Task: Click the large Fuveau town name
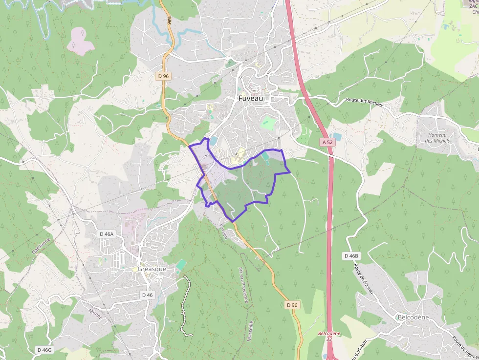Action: [251, 98]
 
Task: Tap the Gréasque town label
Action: [152, 269]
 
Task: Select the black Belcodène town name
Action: [413, 317]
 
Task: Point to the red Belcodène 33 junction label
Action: [329, 336]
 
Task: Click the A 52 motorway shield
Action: [327, 142]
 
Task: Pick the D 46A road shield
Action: [106, 234]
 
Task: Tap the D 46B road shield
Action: [351, 256]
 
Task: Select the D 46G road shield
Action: [44, 350]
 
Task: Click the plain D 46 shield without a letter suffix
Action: [147, 295]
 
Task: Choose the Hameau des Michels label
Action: [437, 138]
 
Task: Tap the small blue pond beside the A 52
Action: [336, 137]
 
